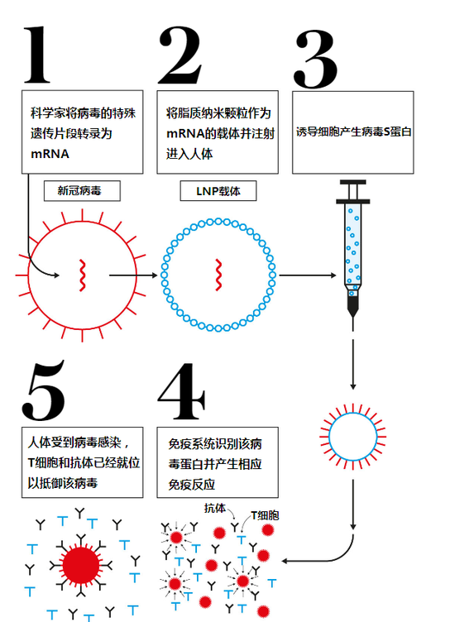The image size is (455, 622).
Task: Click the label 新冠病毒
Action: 81,191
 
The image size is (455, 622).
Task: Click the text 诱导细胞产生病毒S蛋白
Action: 353,132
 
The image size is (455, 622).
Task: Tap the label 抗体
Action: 215,508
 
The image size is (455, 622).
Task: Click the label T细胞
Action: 265,515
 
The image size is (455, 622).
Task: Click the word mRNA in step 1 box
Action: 50,155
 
